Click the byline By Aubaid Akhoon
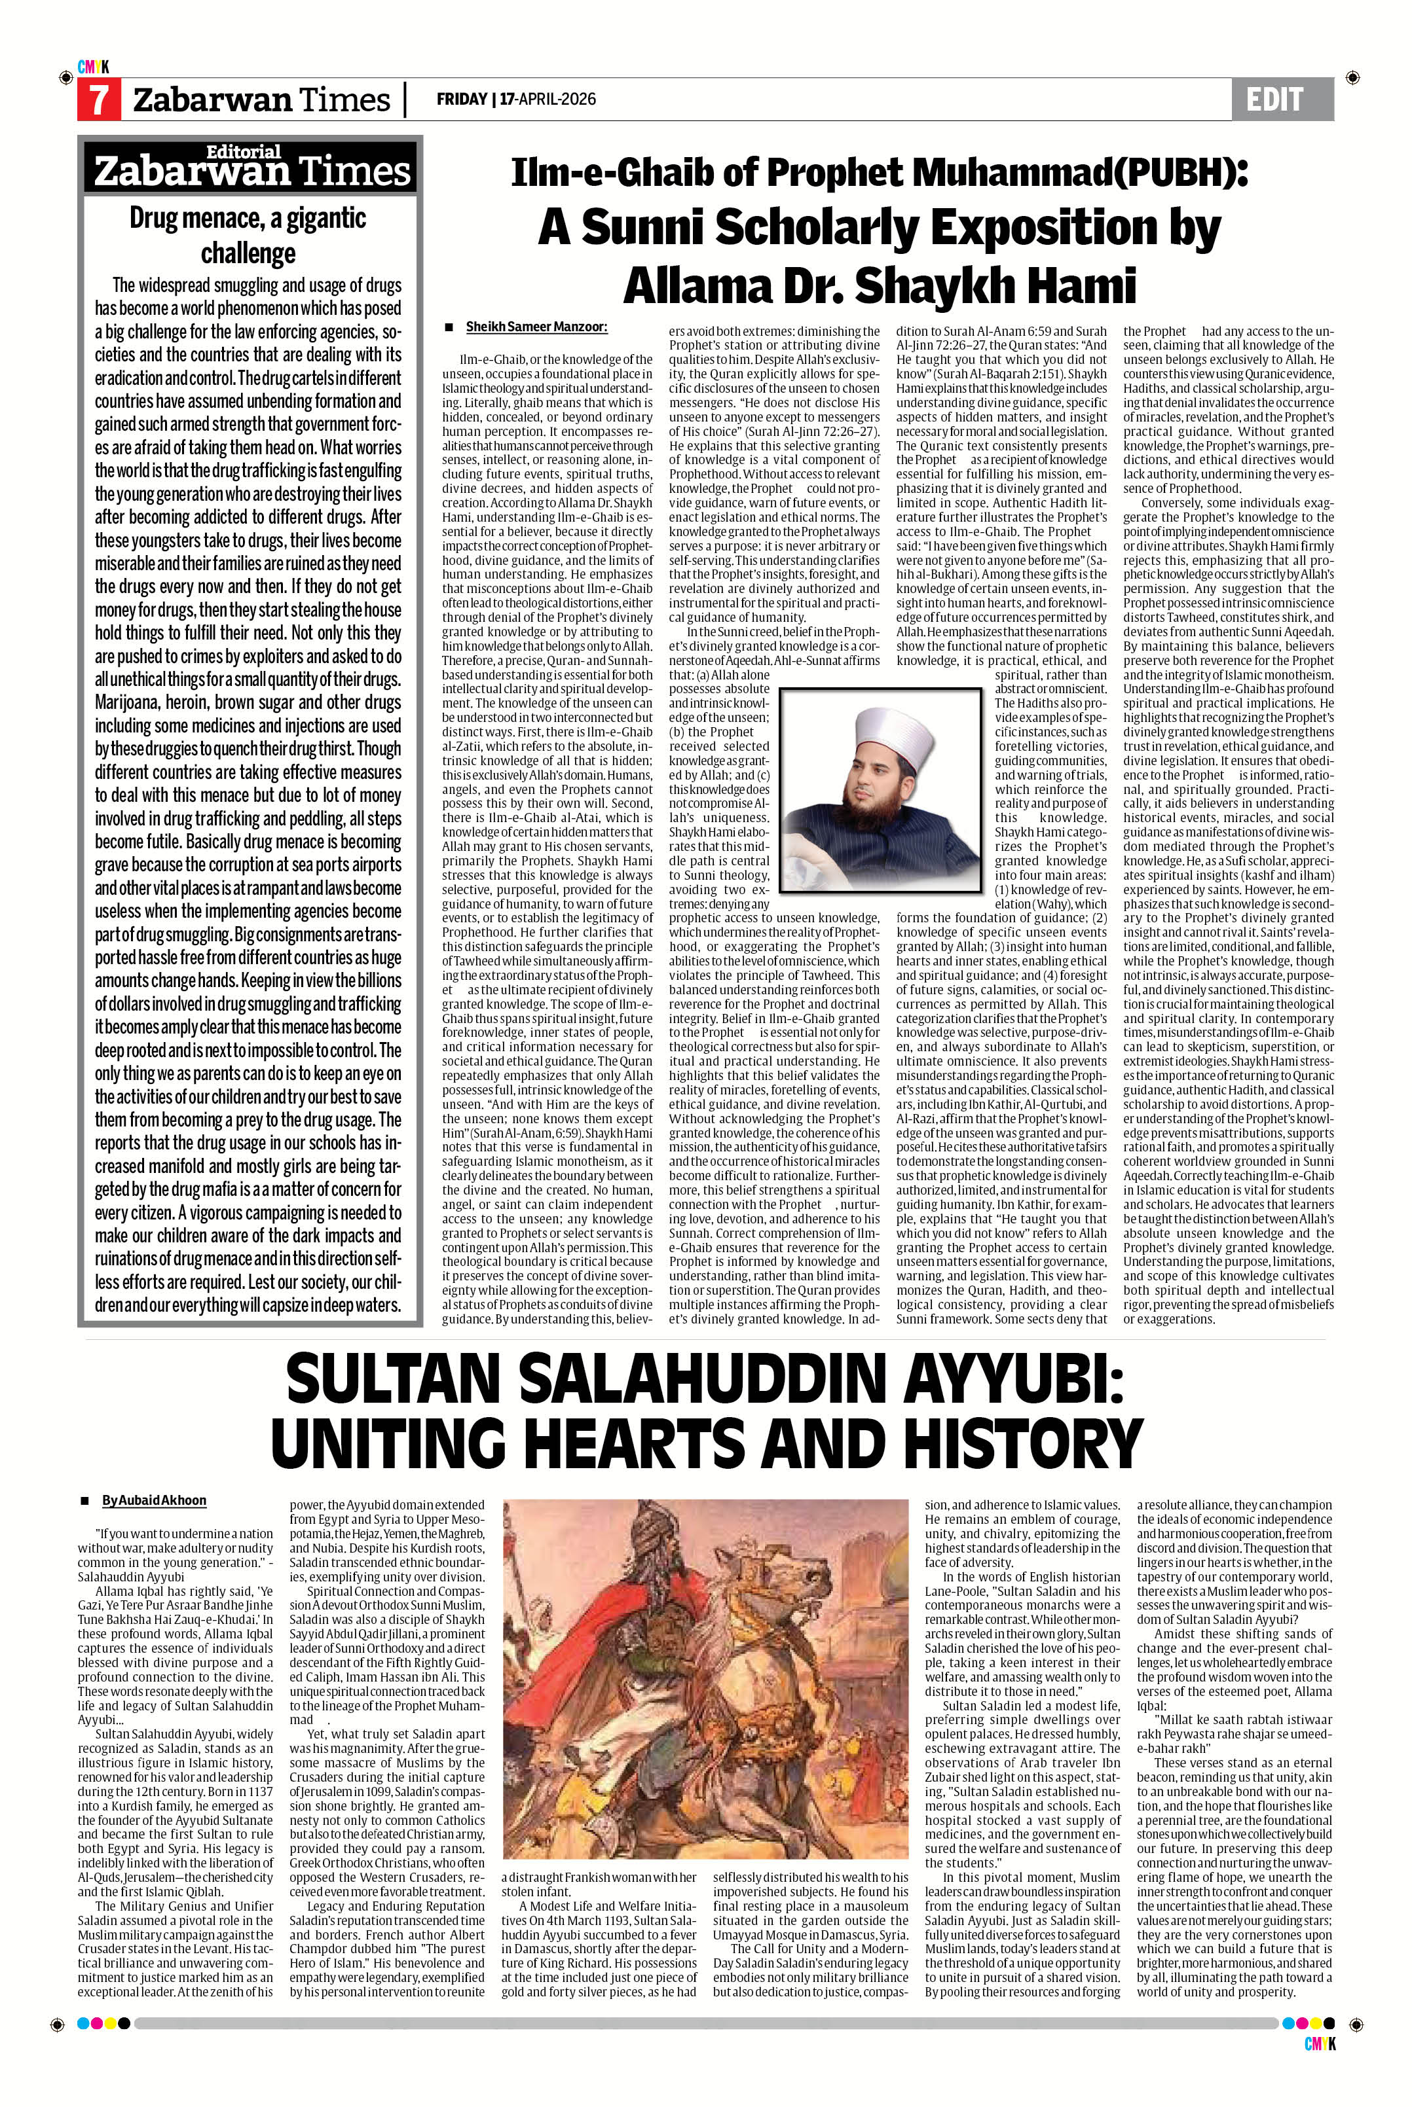[154, 1500]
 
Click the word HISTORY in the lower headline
[1018, 1445]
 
